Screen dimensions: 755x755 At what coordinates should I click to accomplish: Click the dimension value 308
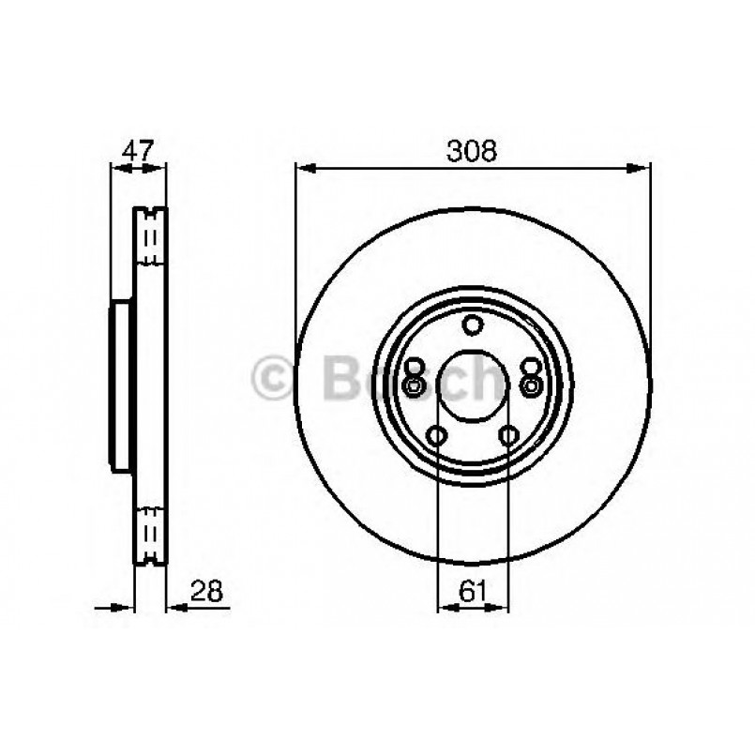(473, 150)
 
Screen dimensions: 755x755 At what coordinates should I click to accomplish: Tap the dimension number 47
(138, 150)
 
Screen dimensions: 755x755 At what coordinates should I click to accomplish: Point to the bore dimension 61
(473, 591)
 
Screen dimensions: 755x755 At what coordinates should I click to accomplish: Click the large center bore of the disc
(473, 386)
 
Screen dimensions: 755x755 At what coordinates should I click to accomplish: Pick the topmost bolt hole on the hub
(473, 325)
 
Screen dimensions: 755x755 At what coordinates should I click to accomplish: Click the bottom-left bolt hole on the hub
(436, 434)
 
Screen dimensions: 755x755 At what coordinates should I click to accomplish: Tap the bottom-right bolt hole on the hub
(508, 434)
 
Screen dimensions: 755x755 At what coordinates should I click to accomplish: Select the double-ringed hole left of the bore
(412, 385)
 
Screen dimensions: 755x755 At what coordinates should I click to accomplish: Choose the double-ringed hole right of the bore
(533, 385)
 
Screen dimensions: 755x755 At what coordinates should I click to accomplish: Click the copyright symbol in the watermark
(274, 378)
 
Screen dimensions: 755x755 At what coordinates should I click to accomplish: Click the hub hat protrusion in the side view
(121, 386)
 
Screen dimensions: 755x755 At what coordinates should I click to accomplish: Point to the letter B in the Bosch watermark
(339, 378)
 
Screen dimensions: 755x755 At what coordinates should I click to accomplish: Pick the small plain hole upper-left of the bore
(415, 367)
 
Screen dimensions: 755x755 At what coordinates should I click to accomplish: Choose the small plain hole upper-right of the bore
(530, 367)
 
